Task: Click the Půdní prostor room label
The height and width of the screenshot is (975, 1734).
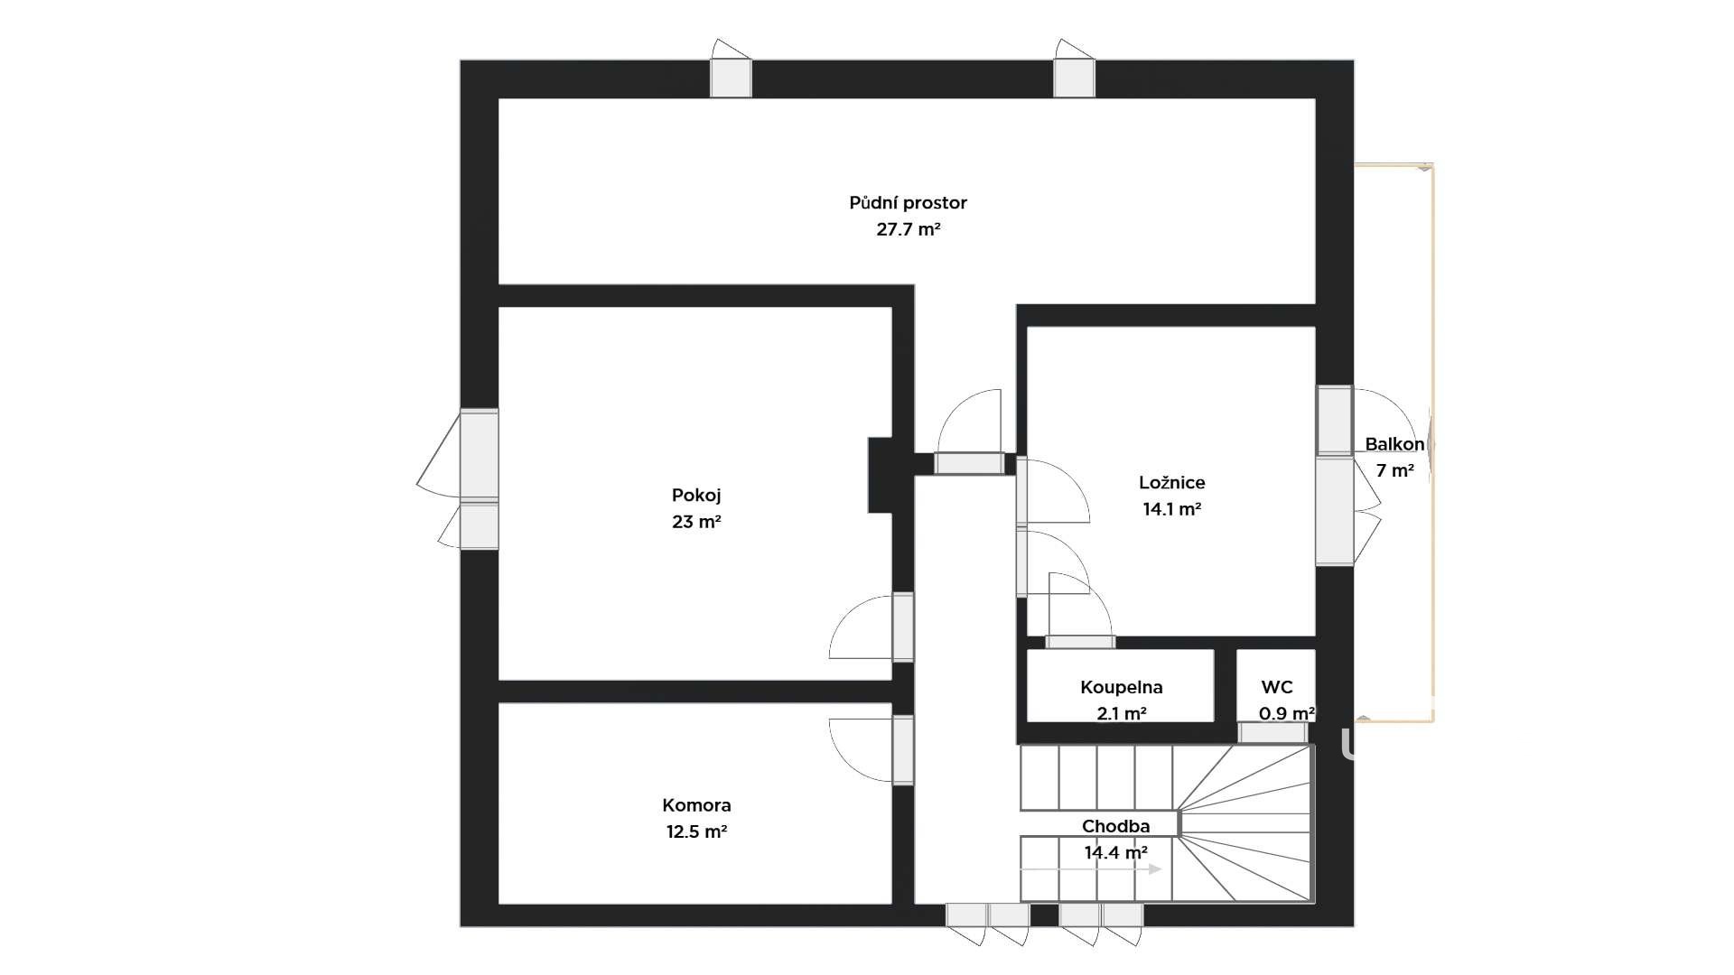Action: click(908, 203)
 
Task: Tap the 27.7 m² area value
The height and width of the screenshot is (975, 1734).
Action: click(909, 229)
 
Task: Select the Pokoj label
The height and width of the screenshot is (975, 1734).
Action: click(696, 496)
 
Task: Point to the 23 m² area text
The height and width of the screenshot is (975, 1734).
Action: click(696, 522)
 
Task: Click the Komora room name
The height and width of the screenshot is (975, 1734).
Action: click(696, 805)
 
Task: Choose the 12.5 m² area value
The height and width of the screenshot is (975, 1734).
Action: click(696, 831)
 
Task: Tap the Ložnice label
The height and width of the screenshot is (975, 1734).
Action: click(1171, 483)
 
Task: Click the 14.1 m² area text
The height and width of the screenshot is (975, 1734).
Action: click(1171, 509)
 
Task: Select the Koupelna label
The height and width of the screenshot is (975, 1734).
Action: click(1121, 688)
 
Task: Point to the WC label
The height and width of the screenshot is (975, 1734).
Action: click(1277, 688)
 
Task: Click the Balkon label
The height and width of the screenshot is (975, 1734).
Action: click(1394, 444)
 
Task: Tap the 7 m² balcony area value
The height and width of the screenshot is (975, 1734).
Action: click(1394, 470)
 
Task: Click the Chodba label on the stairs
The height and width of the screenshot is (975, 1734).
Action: click(1115, 826)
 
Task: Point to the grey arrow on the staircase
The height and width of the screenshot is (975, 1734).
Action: click(1091, 869)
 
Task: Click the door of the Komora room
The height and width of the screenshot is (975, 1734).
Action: click(902, 750)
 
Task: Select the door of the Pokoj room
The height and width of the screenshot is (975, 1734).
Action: click(902, 627)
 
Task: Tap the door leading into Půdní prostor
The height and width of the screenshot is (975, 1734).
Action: click(969, 463)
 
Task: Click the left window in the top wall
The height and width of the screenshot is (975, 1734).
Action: click(731, 78)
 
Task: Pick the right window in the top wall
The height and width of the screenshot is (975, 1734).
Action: click(1074, 78)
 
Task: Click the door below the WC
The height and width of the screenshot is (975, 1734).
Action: click(1272, 733)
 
